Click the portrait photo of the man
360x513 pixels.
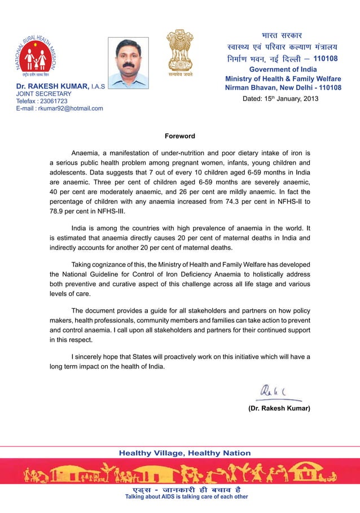(128, 62)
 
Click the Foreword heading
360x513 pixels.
(179, 136)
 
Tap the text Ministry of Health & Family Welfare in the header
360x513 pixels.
(283, 78)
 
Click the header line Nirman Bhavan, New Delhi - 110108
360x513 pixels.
(283, 88)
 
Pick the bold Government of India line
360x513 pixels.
(283, 69)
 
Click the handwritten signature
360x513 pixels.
(276, 390)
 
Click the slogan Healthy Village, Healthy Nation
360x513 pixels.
(185, 453)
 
